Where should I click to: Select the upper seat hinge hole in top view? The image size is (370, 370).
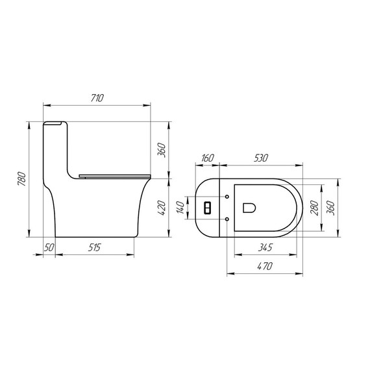click(x=227, y=195)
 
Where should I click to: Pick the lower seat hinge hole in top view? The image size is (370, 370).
click(x=227, y=219)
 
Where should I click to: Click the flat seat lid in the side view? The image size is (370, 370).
click(x=114, y=174)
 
